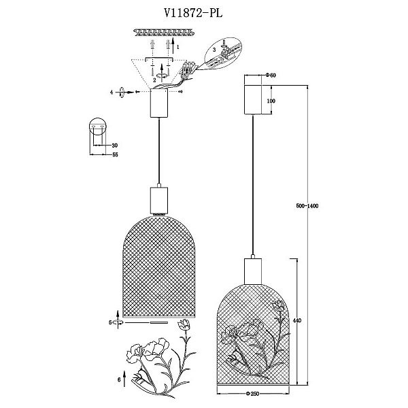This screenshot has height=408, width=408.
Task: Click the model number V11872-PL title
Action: [193, 13]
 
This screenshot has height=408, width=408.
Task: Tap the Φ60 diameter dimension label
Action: [271, 75]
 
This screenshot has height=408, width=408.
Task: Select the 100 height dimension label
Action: [271, 101]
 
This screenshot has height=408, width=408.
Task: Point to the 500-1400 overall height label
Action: [307, 206]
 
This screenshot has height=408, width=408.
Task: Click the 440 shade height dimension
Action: [297, 320]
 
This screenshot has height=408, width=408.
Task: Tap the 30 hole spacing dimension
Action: [114, 146]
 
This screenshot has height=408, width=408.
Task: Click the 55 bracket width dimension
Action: [115, 154]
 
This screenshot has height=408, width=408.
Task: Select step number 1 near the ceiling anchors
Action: [177, 47]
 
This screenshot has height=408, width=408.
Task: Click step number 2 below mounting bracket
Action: [154, 80]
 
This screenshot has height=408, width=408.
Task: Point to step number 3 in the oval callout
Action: [214, 50]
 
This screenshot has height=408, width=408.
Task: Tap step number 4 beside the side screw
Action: [112, 92]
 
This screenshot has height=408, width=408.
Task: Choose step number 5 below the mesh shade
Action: [110, 322]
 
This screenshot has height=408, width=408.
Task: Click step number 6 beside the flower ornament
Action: [119, 379]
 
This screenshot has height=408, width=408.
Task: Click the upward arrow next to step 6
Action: [124, 379]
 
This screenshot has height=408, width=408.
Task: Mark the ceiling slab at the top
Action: [164, 32]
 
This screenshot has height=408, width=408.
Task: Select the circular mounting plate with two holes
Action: [97, 126]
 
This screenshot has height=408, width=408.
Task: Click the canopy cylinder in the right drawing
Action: [253, 100]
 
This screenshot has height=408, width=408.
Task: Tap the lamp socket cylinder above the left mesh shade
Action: [159, 199]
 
